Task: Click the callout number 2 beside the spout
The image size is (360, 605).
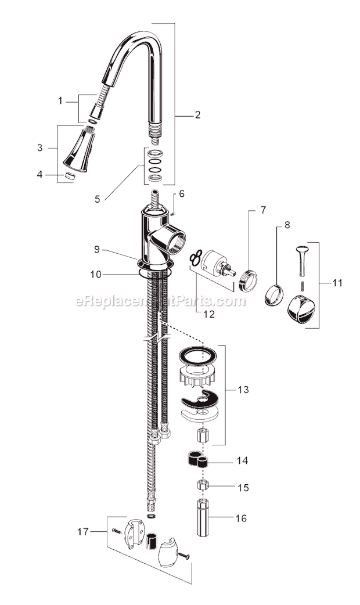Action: click(x=197, y=115)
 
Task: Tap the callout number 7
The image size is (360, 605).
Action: click(x=263, y=210)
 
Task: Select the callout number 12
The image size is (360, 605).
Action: click(x=209, y=314)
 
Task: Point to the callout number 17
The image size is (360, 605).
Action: click(x=83, y=532)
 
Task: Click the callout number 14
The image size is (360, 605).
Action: click(x=242, y=460)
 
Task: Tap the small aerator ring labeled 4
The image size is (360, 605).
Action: click(x=70, y=176)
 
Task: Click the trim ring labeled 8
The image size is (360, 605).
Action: click(x=273, y=296)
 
